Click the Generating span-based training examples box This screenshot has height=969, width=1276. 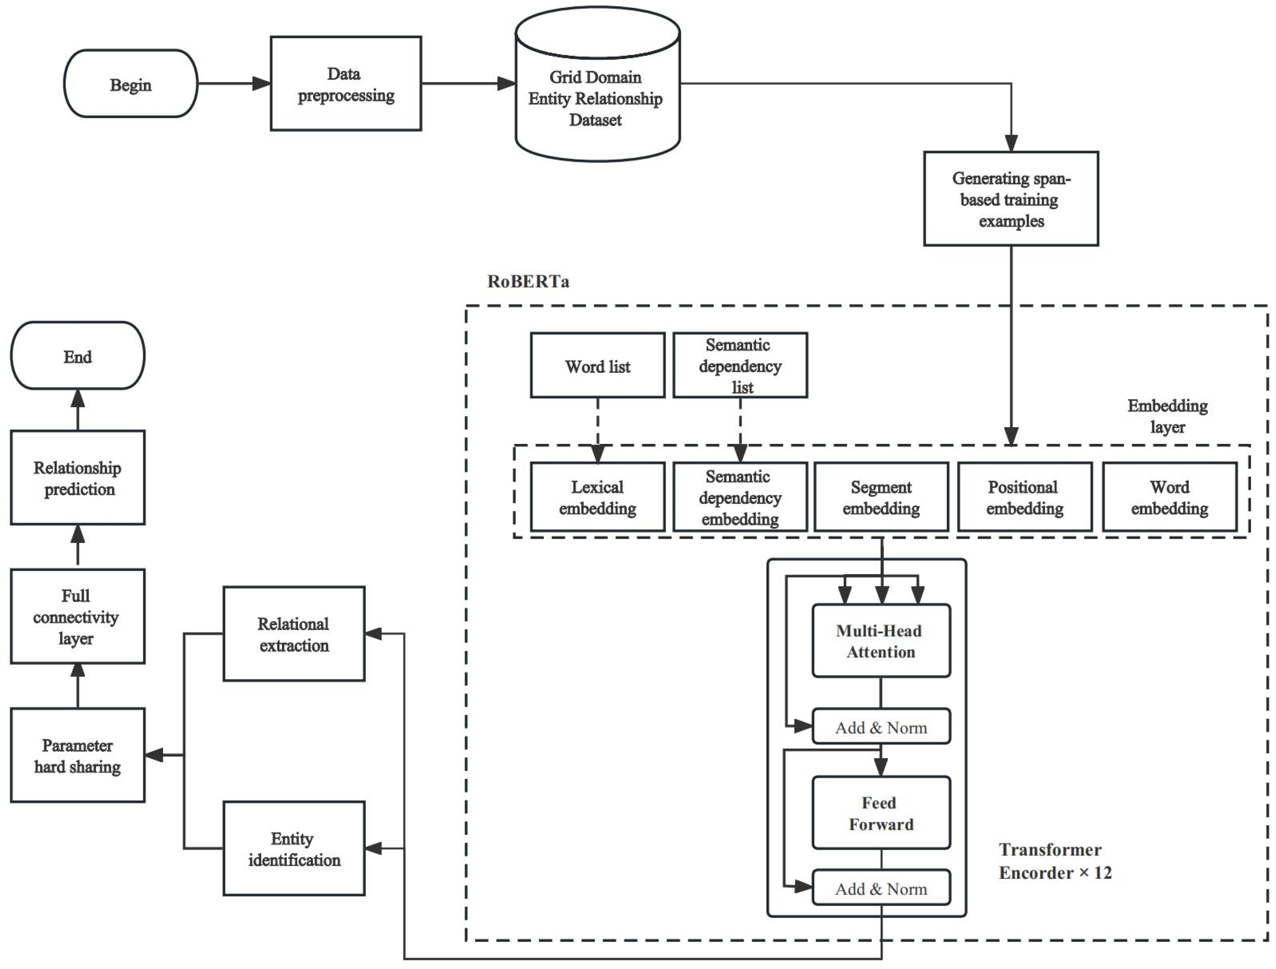pos(1011,199)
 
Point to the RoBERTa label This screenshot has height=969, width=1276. pos(528,281)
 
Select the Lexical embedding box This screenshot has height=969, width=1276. pos(598,497)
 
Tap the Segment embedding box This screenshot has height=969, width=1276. pos(881,497)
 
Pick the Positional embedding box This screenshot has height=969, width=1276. pos(1024,497)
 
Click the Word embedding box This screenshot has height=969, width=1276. pos(1169,497)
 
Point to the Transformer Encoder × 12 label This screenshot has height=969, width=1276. pos(1055,861)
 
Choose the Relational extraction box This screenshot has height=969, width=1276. pos(294,634)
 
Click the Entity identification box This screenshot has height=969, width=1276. pos(294,848)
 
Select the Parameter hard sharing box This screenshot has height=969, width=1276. pos(77,755)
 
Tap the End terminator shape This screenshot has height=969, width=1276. pos(77,356)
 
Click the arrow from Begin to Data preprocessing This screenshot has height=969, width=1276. pos(234,84)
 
